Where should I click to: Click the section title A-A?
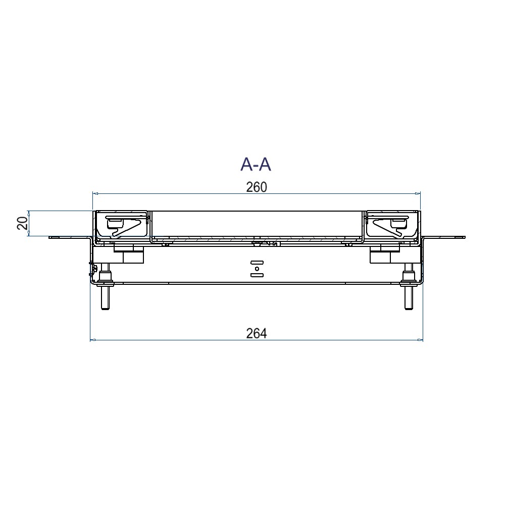click(x=256, y=165)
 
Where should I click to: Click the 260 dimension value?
click(x=257, y=187)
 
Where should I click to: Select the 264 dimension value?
click(x=257, y=334)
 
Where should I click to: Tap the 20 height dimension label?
click(x=22, y=223)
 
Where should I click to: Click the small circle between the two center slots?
click(x=257, y=269)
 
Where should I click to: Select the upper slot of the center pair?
click(x=257, y=263)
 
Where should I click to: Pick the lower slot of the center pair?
click(x=257, y=275)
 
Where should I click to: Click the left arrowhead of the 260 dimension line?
click(x=95, y=193)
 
